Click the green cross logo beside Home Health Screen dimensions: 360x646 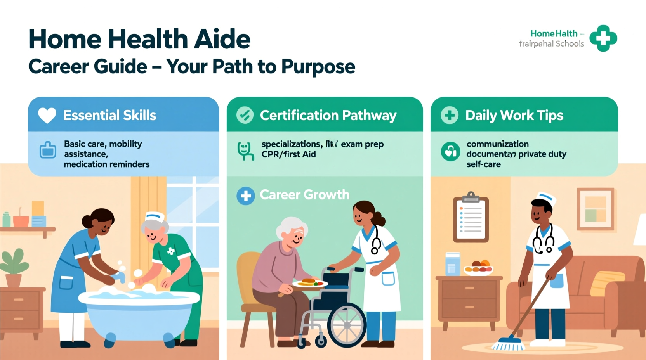coord(603,38)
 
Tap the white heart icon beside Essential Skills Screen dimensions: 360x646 coord(47,115)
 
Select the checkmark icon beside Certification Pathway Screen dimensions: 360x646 coord(245,115)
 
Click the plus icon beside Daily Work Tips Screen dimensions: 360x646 coord(450,115)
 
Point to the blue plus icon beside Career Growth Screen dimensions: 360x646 coord(246,196)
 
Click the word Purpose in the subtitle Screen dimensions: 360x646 coord(318,67)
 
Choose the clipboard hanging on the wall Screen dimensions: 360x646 coord(471,218)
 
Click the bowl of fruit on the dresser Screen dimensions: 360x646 coord(479,268)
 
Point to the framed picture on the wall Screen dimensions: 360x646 coord(596,209)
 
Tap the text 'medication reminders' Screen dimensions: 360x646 coord(107,164)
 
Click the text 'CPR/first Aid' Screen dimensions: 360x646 coord(288,154)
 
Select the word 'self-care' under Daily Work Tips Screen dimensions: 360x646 coord(483,164)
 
